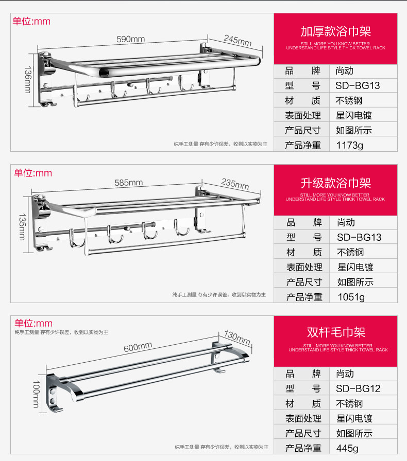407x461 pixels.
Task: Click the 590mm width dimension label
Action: click(130, 39)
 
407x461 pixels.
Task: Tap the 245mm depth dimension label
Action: click(238, 40)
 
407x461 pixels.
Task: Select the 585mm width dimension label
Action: click(128, 183)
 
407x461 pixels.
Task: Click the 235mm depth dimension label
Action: click(235, 183)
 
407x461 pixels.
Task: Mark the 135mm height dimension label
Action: click(22, 227)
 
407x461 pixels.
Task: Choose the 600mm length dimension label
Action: click(138, 347)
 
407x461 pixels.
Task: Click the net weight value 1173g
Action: click(349, 146)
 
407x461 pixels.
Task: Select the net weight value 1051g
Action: click(351, 297)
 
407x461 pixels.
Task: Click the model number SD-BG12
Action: click(358, 388)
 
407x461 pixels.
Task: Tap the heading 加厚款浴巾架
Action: click(335, 31)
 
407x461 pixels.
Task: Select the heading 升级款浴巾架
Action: click(335, 183)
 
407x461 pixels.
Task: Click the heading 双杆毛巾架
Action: click(335, 333)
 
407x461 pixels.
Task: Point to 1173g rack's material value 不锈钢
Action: click(350, 101)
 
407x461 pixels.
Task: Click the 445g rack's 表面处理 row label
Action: click(303, 418)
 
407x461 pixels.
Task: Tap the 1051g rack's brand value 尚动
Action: click(346, 222)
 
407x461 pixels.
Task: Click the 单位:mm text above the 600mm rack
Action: click(33, 323)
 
